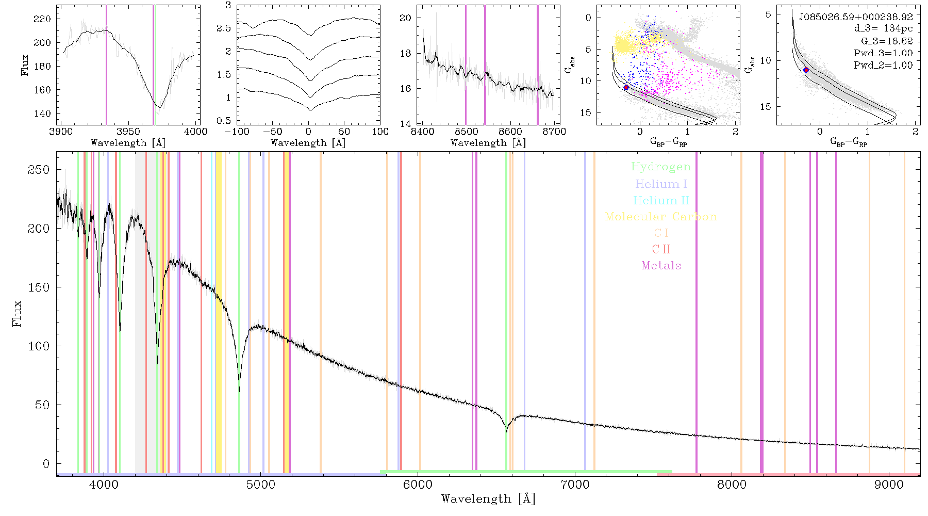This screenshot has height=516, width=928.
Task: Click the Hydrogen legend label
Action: point(661,167)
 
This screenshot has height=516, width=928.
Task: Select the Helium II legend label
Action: point(661,200)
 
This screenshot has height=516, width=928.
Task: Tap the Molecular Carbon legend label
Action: point(661,217)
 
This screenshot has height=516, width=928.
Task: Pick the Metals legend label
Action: point(661,266)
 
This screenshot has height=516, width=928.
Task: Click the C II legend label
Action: point(661,249)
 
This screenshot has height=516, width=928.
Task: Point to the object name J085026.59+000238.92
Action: point(856,17)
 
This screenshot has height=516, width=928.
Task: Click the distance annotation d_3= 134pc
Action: point(883,29)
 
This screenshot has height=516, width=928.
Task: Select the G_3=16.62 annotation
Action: point(887,41)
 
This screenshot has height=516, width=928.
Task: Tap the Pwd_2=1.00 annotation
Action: point(883,65)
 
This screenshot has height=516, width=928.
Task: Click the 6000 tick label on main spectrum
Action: point(418,485)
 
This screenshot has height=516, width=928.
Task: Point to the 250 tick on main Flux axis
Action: point(39,170)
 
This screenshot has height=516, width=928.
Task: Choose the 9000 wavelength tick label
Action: point(888,485)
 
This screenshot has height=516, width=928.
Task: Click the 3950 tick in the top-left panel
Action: point(128,132)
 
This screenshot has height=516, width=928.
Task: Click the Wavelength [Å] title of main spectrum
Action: point(488,499)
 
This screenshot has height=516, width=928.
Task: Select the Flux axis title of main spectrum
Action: point(18,313)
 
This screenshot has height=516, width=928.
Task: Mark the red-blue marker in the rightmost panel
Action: point(806,70)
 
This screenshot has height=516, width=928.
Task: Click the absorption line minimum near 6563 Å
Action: point(506,431)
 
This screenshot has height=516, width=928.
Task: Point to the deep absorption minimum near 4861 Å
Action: point(239,391)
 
